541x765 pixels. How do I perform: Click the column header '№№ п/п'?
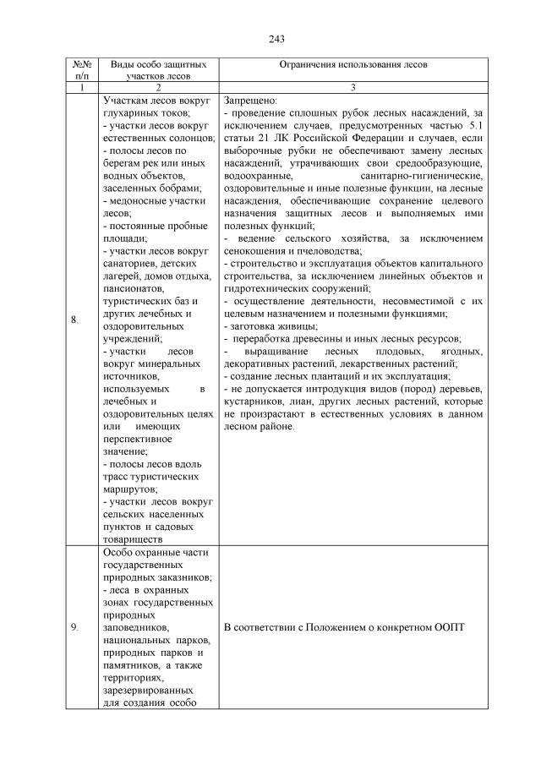click(82, 69)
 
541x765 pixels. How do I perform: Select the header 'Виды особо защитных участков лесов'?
click(158, 69)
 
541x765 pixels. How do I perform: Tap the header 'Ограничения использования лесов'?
click(354, 64)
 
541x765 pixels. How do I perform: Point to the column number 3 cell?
click(354, 87)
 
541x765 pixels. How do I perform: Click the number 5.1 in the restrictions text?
click(473, 125)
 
